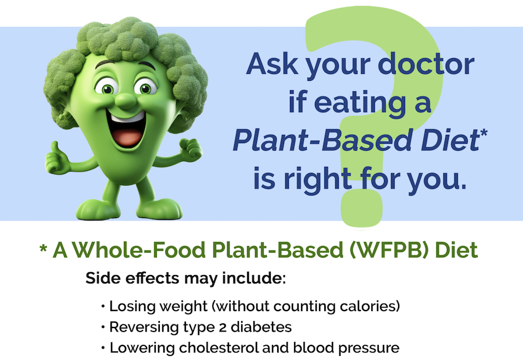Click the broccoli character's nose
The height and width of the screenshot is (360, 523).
click(126, 101)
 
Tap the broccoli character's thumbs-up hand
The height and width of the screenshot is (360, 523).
click(57, 159)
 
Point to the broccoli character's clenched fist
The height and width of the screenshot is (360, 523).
click(191, 149)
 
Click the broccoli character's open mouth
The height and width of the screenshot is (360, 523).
click(127, 129)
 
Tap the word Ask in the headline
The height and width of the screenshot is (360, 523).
click(271, 63)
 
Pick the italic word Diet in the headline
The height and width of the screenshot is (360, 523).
click(450, 140)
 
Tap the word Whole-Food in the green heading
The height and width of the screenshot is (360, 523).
click(139, 250)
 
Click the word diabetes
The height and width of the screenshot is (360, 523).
click(261, 327)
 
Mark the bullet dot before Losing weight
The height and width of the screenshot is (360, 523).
click(103, 306)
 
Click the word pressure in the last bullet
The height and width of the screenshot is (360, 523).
click(369, 348)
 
